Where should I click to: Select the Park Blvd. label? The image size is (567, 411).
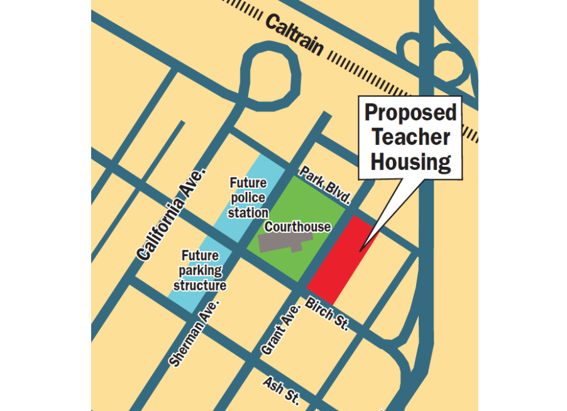tap(324, 186)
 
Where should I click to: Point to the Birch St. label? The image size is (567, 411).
tap(327, 313)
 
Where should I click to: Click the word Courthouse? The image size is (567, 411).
tap(297, 227)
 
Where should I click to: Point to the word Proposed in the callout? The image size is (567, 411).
tap(410, 113)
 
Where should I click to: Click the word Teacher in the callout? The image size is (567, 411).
tap(410, 137)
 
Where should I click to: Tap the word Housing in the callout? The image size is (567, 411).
tap(410, 162)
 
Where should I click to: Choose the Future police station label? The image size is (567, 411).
tap(248, 198)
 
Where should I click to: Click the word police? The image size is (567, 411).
tap(248, 198)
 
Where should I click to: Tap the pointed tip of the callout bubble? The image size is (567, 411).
tap(360, 252)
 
